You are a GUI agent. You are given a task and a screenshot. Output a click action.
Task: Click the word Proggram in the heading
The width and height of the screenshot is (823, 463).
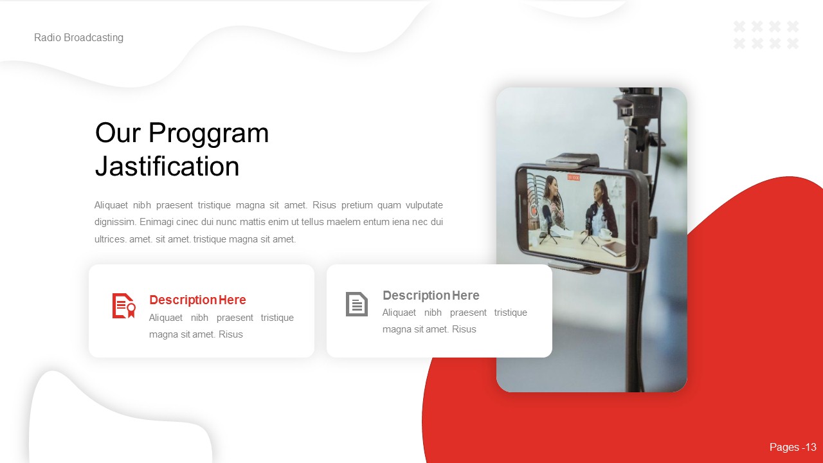(209, 134)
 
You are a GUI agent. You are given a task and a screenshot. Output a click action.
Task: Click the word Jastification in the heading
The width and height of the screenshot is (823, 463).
(167, 167)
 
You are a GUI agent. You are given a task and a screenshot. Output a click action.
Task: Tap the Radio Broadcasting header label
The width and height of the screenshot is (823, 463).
(78, 38)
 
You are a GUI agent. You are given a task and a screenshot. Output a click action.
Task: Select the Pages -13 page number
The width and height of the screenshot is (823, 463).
(793, 448)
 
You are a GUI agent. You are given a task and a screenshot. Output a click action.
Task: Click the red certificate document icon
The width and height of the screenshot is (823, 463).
(123, 305)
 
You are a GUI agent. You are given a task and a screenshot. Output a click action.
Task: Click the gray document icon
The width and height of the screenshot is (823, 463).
(357, 304)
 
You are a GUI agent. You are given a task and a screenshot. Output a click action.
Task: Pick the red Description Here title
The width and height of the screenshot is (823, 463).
(197, 300)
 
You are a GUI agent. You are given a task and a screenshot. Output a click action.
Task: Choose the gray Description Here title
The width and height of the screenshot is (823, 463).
(431, 296)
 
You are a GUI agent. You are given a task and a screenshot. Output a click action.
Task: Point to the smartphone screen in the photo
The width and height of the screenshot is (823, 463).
(572, 215)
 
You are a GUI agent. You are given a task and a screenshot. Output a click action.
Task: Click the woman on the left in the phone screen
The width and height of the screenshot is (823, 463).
(552, 206)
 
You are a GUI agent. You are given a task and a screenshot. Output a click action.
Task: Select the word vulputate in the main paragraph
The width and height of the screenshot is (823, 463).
(419, 206)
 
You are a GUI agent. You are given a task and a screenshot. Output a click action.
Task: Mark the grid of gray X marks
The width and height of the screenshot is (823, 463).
(766, 35)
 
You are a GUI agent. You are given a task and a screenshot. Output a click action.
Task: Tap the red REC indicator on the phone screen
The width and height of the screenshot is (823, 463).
(573, 177)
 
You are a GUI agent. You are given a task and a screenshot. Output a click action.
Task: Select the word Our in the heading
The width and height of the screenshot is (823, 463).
(118, 134)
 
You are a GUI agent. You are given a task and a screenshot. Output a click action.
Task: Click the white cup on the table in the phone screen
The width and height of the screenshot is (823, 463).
(605, 235)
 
